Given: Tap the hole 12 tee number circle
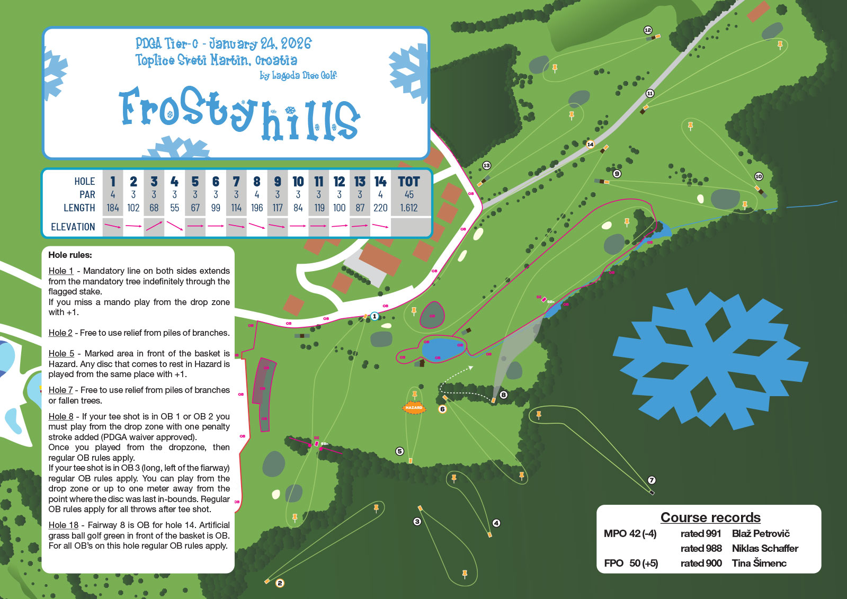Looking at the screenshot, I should pyautogui.click(x=647, y=30).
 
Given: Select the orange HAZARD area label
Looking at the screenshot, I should pyautogui.click(x=414, y=408).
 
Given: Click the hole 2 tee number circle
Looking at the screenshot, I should pyautogui.click(x=280, y=583).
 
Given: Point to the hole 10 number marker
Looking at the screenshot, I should pyautogui.click(x=759, y=176).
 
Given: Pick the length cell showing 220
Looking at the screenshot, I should pyautogui.click(x=380, y=208).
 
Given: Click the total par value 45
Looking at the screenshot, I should pyautogui.click(x=409, y=195).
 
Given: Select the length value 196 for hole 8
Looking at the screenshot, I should pyautogui.click(x=257, y=208).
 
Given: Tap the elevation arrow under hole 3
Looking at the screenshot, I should pyautogui.click(x=154, y=226).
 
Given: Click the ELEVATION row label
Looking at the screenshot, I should pyautogui.click(x=73, y=227).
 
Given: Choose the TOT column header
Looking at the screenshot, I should pyautogui.click(x=409, y=182).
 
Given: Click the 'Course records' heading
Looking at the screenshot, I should pyautogui.click(x=710, y=517).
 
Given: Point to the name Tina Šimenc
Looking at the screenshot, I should pyautogui.click(x=759, y=563).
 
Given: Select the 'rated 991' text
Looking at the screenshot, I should pyautogui.click(x=701, y=533).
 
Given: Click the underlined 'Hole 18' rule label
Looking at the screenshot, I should pyautogui.click(x=64, y=525).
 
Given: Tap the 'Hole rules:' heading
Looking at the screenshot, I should pyautogui.click(x=70, y=255).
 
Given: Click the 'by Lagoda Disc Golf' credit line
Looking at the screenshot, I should pyautogui.click(x=298, y=76).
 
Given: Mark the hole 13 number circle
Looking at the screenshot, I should pyautogui.click(x=486, y=166).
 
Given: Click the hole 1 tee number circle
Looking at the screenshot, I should pyautogui.click(x=375, y=316).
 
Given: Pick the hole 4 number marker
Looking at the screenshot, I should pyautogui.click(x=496, y=523).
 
